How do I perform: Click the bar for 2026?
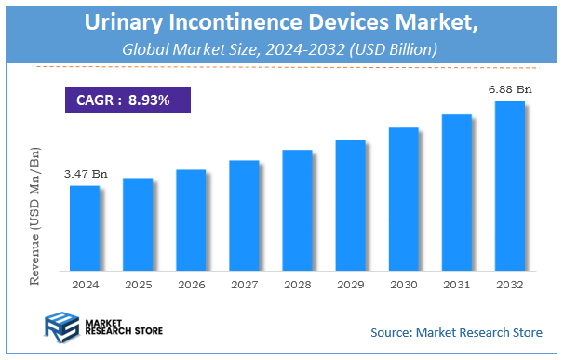[x=190, y=220]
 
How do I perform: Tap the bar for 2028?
[x=296, y=210]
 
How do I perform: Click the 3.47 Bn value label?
[x=86, y=174]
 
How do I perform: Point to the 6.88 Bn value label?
[x=510, y=90]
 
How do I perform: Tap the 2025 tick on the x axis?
[x=138, y=284]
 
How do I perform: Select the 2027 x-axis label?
[x=244, y=284]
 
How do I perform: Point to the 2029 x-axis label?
[x=350, y=284]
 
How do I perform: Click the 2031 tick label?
[x=456, y=284]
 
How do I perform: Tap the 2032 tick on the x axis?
[x=509, y=284]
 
